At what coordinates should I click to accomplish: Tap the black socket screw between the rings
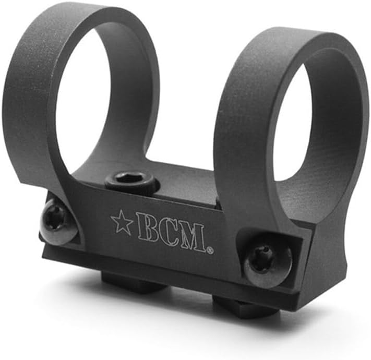click(x=131, y=182)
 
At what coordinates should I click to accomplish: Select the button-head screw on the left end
click(x=56, y=222)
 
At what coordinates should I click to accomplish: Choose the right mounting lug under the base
click(x=245, y=308)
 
